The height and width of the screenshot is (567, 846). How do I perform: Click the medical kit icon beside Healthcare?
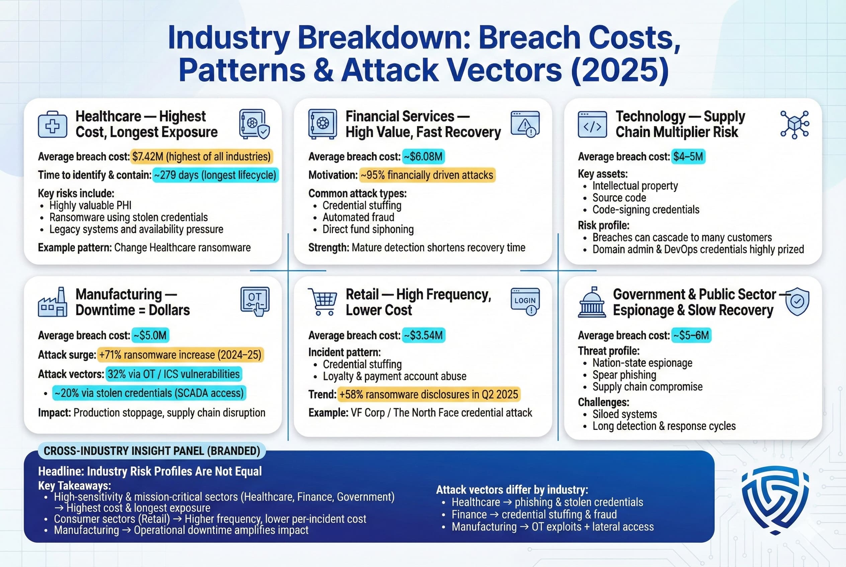pyautogui.click(x=53, y=125)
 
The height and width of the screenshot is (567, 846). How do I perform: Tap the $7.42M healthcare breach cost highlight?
pyautogui.click(x=201, y=156)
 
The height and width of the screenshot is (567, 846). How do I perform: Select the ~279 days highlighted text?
pyautogui.click(x=216, y=175)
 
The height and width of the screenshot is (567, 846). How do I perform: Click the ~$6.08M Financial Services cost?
pyautogui.click(x=423, y=156)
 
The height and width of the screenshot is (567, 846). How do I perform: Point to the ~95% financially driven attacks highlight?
pyautogui.click(x=427, y=175)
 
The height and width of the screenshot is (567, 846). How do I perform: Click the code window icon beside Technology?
pyautogui.click(x=592, y=125)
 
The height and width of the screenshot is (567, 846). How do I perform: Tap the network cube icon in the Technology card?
pyautogui.click(x=794, y=125)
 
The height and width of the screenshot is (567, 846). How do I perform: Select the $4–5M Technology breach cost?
pyautogui.click(x=688, y=156)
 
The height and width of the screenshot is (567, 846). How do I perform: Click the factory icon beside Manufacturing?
pyautogui.click(x=53, y=302)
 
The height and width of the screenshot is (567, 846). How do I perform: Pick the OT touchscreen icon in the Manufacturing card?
pyautogui.click(x=255, y=301)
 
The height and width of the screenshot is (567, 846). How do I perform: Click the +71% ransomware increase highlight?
pyautogui.click(x=180, y=355)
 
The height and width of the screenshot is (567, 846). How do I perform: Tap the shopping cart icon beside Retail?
pyautogui.click(x=322, y=302)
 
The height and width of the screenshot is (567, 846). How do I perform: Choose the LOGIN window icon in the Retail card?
pyautogui.click(x=525, y=302)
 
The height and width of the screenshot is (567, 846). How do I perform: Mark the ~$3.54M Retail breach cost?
pyautogui.click(x=424, y=335)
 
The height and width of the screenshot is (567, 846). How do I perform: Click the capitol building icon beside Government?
pyautogui.click(x=592, y=302)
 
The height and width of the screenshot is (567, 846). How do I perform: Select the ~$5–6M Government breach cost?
pyautogui.click(x=691, y=335)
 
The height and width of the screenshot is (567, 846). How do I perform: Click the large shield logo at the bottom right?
pyautogui.click(x=775, y=500)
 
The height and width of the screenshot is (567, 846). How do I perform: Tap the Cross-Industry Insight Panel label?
pyautogui.click(x=152, y=451)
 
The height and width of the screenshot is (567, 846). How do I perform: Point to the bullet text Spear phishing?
pyautogui.click(x=624, y=375)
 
